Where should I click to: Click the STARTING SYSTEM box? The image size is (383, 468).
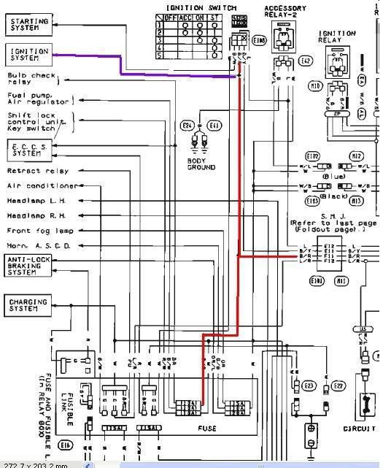pos(29,25)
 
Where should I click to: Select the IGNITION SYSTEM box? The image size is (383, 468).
pos(29,54)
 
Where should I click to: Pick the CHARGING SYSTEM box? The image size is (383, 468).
pos(28,305)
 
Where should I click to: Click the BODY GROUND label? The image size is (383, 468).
pos(201,163)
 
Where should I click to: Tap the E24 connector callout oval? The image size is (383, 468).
pos(186,126)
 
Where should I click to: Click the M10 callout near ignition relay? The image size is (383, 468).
pos(317,85)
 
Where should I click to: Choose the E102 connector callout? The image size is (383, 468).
pos(312,156)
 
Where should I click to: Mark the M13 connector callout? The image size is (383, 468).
pos(357,200)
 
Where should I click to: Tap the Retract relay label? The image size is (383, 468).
pos(38,171)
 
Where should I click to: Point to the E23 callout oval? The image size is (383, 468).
pos(308,385)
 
